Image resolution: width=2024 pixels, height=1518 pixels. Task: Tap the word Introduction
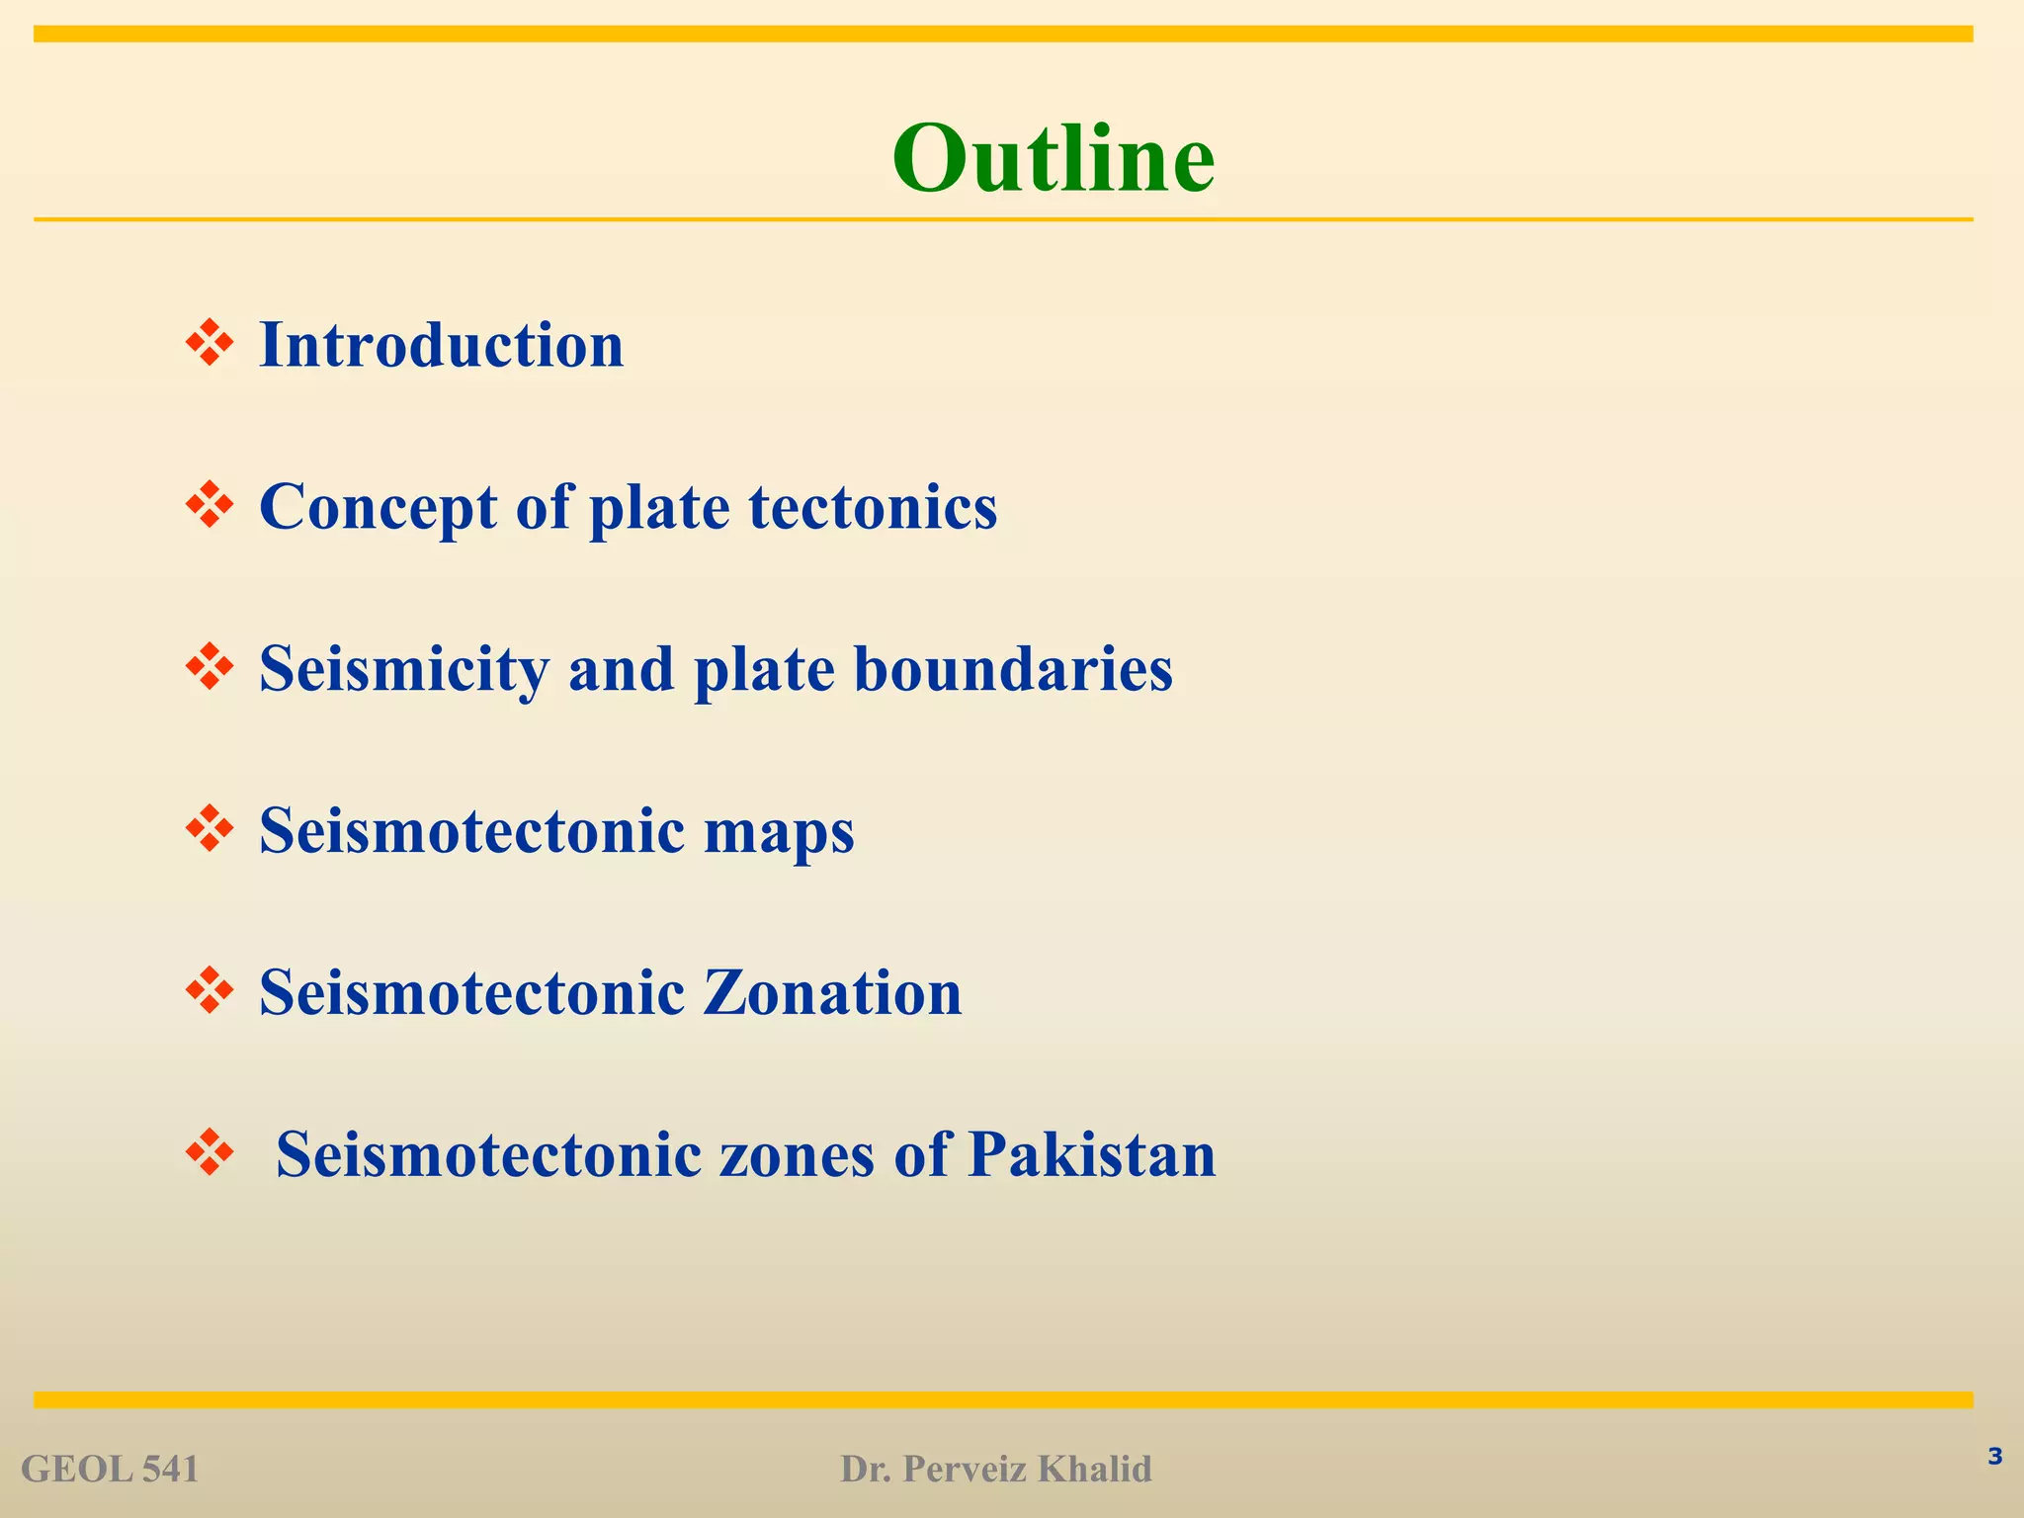point(441,345)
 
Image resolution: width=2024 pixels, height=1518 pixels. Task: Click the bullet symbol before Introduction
point(210,343)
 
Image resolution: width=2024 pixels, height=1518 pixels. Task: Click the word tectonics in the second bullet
point(873,507)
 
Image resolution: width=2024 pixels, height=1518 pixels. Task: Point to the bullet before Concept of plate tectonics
point(210,505)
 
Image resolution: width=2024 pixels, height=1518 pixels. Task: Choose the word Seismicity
point(403,669)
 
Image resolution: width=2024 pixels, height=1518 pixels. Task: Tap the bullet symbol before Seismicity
point(210,667)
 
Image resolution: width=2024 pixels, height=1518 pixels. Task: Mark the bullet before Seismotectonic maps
point(210,829)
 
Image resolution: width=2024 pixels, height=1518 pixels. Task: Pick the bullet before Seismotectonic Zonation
point(210,991)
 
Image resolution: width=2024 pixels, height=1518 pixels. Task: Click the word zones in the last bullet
point(797,1154)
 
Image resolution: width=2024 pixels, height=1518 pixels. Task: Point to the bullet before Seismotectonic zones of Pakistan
point(210,1152)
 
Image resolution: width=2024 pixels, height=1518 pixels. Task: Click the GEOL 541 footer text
point(110,1470)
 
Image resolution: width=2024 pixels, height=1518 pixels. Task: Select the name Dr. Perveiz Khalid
point(995,1470)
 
